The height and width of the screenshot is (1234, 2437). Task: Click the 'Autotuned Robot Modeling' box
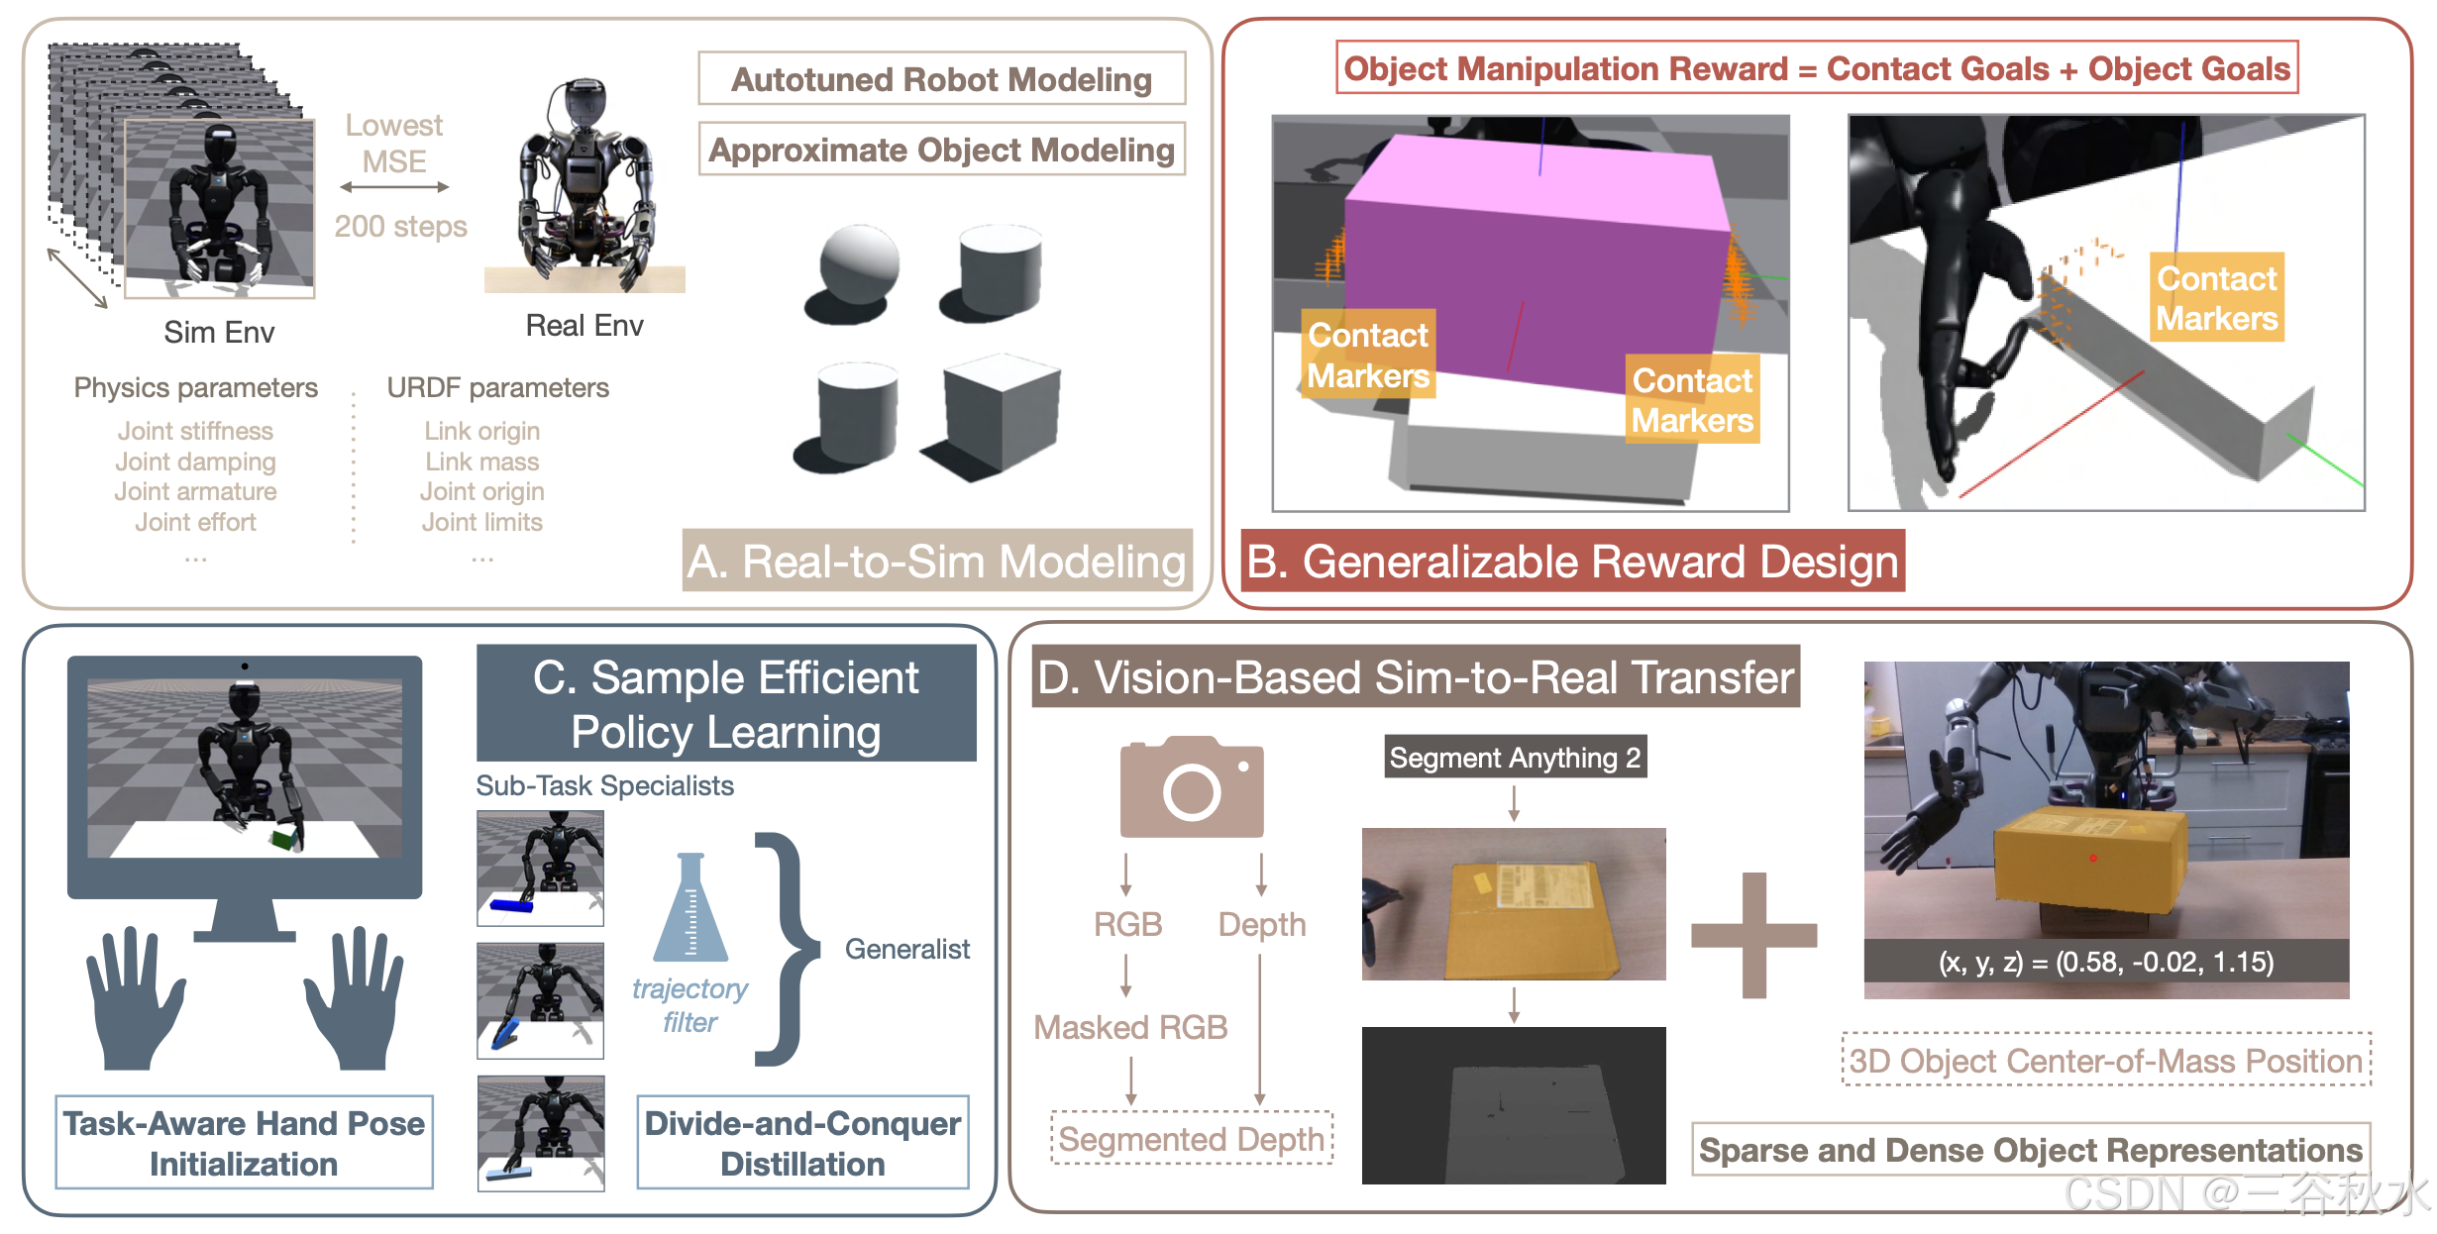click(x=941, y=79)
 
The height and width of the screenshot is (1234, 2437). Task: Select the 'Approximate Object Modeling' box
click(x=941, y=150)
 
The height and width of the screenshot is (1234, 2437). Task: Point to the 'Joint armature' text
click(x=195, y=492)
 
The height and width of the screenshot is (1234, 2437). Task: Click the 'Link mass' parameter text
click(x=482, y=462)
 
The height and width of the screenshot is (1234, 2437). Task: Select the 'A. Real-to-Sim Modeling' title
click(x=936, y=562)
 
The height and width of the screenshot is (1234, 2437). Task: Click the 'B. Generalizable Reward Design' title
click(x=1571, y=562)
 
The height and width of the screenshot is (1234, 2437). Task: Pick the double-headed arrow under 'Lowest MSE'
click(x=394, y=187)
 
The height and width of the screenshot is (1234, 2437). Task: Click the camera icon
click(x=1191, y=787)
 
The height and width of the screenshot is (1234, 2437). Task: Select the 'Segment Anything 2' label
click(x=1514, y=758)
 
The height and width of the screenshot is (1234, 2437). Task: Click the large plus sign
click(x=1753, y=935)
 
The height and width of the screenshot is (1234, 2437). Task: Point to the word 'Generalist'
click(x=906, y=949)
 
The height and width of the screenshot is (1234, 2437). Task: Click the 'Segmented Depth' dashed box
click(x=1191, y=1139)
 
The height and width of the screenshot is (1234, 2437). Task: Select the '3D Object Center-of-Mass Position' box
click(x=2105, y=1061)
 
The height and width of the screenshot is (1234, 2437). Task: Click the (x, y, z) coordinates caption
click(x=2105, y=962)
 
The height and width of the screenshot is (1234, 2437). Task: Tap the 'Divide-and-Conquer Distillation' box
click(x=802, y=1143)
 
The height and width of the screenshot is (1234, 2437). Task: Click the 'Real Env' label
click(x=584, y=326)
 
